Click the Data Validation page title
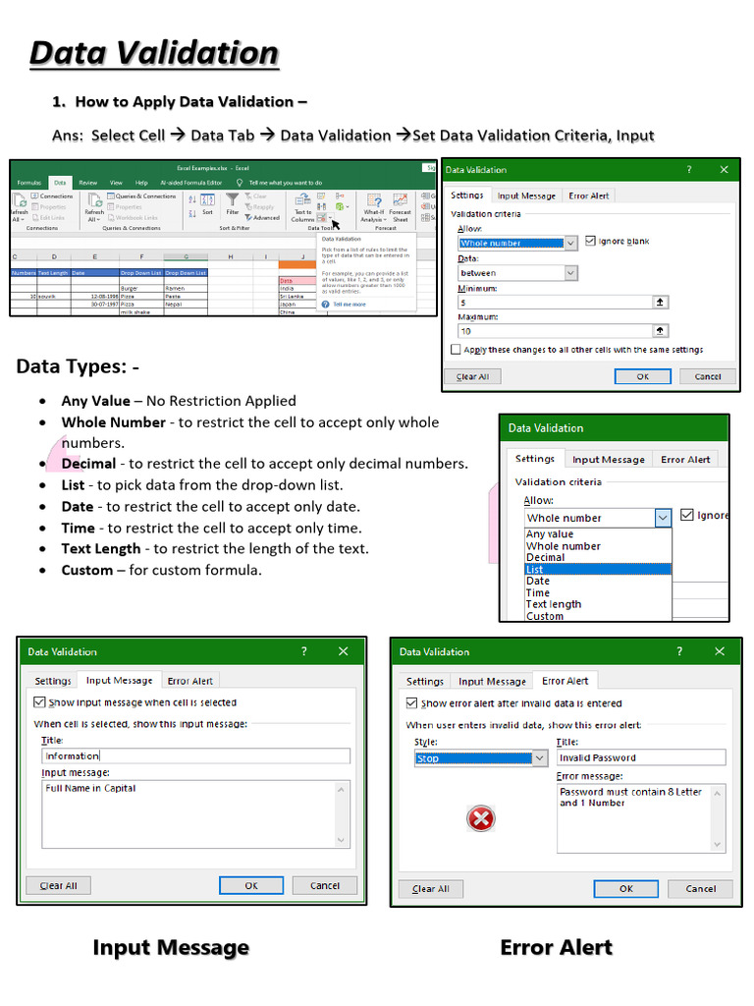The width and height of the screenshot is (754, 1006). (154, 53)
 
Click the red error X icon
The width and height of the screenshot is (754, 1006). (481, 818)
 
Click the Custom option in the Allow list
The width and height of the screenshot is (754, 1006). (545, 616)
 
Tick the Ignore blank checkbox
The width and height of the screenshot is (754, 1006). (590, 241)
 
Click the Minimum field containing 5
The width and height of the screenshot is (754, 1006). (555, 303)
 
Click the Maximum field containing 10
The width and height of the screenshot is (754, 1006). (555, 331)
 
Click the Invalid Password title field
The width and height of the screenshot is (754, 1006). (640, 757)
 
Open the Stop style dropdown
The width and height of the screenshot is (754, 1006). (539, 758)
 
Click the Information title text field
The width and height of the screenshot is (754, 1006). (195, 755)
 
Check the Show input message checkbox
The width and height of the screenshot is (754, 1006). (39, 702)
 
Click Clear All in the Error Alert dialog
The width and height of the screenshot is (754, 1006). (431, 888)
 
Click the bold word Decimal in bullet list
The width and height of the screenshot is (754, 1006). (88, 464)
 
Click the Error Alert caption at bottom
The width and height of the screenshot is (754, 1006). (556, 948)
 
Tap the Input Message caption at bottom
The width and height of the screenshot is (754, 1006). (170, 948)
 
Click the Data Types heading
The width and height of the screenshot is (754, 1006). (78, 367)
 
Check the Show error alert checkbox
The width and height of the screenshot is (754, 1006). (411, 703)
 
